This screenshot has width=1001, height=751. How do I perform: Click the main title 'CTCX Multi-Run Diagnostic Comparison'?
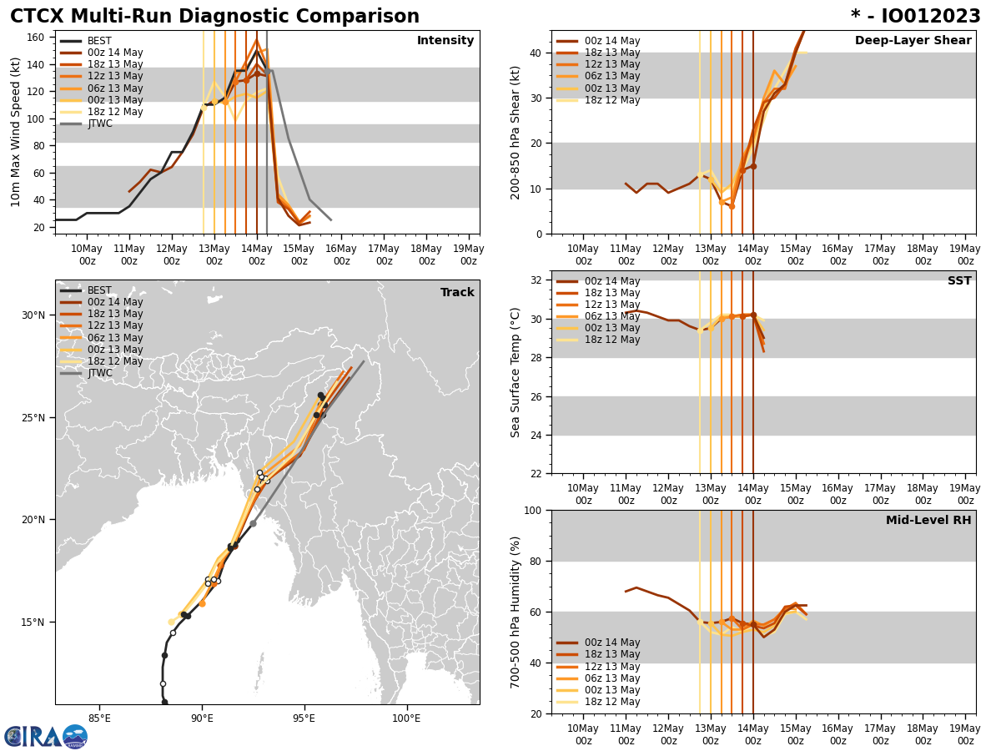pyautogui.click(x=214, y=17)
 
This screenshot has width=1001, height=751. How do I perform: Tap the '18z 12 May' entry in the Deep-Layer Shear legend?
pyautogui.click(x=611, y=100)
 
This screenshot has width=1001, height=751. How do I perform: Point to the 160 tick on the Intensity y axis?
pyautogui.click(x=36, y=38)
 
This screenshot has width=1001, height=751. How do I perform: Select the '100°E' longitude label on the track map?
pyautogui.click(x=406, y=719)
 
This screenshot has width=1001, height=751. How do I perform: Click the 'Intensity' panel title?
pyautogui.click(x=445, y=41)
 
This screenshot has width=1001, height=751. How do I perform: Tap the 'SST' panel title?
pyautogui.click(x=958, y=281)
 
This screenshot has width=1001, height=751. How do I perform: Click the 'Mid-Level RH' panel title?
pyautogui.click(x=928, y=521)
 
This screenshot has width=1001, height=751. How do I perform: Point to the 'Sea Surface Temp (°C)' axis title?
pyautogui.click(x=516, y=372)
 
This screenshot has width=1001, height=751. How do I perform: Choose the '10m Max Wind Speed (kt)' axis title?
pyautogui.click(x=16, y=133)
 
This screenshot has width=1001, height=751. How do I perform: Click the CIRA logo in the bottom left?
pyautogui.click(x=45, y=736)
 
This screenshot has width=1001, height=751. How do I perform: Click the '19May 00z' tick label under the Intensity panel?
pyautogui.click(x=469, y=255)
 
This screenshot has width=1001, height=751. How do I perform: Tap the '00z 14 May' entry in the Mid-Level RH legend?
pyautogui.click(x=611, y=643)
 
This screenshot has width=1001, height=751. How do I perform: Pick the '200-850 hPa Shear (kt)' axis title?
pyautogui.click(x=516, y=132)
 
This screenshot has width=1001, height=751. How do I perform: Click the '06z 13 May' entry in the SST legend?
pyautogui.click(x=611, y=316)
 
